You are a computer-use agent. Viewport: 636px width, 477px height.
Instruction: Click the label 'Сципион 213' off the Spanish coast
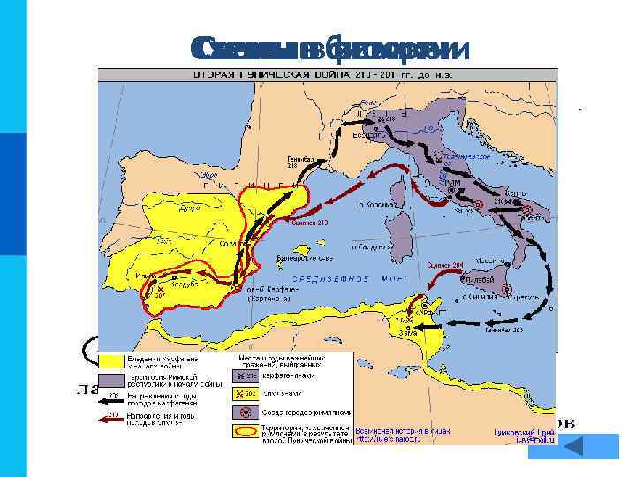point(310,223)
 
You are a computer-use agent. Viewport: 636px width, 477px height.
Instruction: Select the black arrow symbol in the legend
point(110,399)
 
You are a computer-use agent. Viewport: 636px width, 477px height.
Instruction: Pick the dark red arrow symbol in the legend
point(110,419)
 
